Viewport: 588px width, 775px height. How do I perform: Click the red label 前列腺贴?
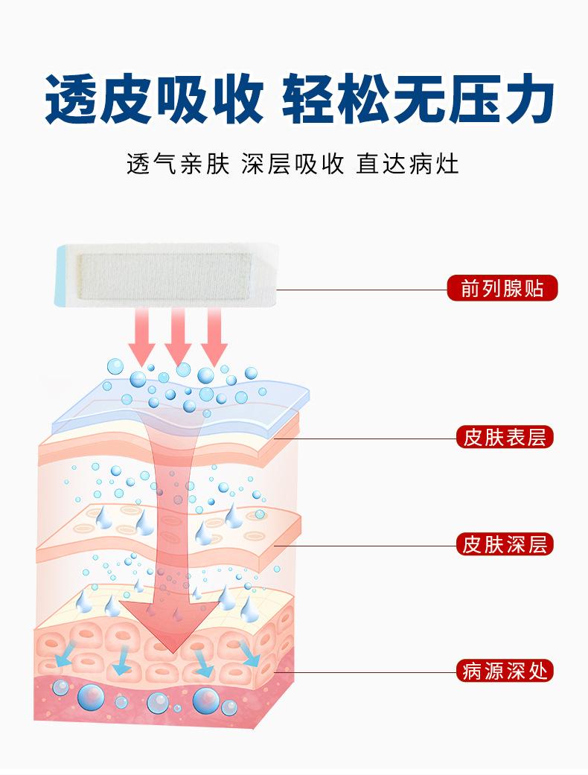click(502, 288)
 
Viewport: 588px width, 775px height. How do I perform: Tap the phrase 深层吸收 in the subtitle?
click(293, 164)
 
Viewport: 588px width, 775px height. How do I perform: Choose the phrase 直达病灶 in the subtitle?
click(408, 164)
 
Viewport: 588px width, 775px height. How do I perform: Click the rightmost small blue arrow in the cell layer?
click(251, 655)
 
